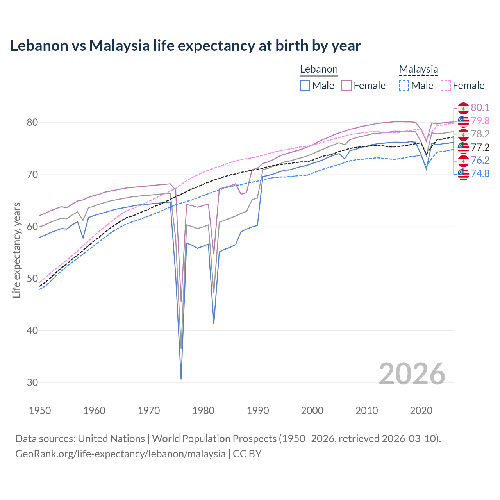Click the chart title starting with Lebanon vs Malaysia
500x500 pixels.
click(186, 46)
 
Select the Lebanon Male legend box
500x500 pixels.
click(305, 86)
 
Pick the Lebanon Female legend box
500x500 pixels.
click(346, 86)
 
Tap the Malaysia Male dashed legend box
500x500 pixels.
click(404, 86)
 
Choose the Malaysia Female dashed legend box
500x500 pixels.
click(445, 86)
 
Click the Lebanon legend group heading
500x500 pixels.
click(319, 70)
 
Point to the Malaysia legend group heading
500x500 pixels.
click(418, 70)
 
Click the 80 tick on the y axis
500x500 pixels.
click(32, 123)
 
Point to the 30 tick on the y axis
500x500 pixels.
click(32, 383)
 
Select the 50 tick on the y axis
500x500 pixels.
click(32, 279)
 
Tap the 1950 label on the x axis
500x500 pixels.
click(40, 411)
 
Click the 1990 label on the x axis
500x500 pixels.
click(258, 411)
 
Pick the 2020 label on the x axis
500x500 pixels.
click(421, 411)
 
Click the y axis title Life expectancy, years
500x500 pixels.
click(17, 250)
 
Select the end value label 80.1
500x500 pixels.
click(480, 108)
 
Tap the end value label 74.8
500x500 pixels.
click(480, 173)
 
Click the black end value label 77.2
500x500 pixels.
click(480, 147)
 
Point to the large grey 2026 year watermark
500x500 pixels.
click(412, 374)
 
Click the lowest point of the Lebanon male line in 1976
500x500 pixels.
click(181, 379)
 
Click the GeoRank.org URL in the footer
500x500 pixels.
click(120, 454)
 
